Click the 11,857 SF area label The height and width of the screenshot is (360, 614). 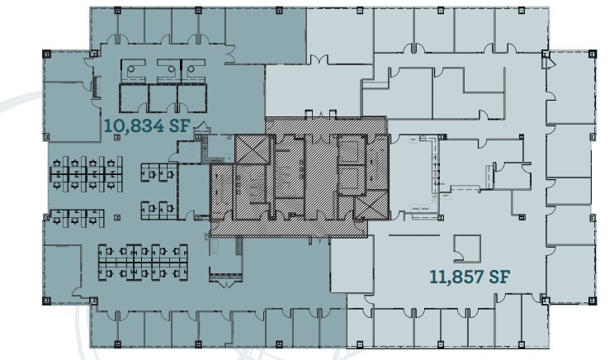click(x=468, y=276)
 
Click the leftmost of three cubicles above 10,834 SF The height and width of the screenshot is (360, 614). click(x=132, y=70)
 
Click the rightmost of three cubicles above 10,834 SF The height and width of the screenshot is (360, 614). click(x=191, y=70)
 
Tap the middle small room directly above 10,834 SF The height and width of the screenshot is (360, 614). click(x=163, y=98)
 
